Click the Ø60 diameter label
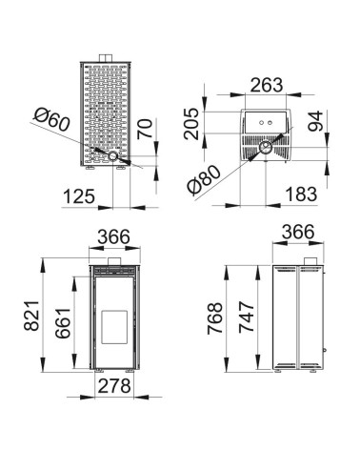coord(52,119)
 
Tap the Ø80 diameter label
coord(204,179)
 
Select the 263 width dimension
coord(267,85)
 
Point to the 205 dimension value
coord(191,124)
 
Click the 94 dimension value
coord(315,121)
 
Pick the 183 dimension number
coord(301,194)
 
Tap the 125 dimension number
coord(79,196)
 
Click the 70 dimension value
coord(145,129)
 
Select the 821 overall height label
coord(31,316)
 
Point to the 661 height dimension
coord(63,323)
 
